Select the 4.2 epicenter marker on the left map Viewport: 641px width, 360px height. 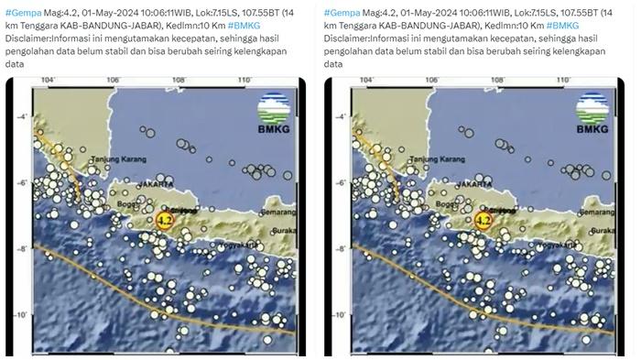(165, 220)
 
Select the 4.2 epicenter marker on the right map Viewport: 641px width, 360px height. (484, 220)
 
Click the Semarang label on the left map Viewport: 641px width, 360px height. (277, 213)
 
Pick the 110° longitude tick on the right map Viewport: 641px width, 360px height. (563, 82)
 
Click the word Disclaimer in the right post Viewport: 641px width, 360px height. (348, 39)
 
